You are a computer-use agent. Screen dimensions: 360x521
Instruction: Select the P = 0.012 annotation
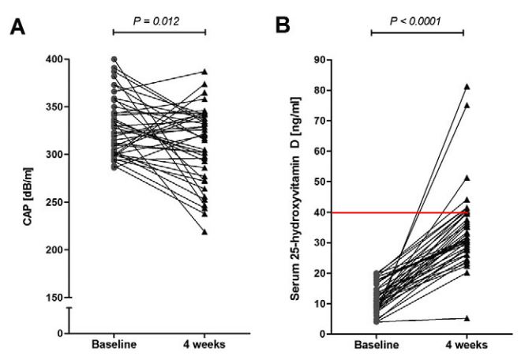coord(159,20)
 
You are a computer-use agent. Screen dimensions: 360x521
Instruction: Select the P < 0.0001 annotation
coord(417,20)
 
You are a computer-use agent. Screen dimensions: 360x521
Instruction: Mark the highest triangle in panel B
coord(467,86)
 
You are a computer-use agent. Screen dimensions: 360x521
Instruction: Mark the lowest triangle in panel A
coord(205,231)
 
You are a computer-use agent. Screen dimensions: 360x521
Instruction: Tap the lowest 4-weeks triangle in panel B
coord(467,318)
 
